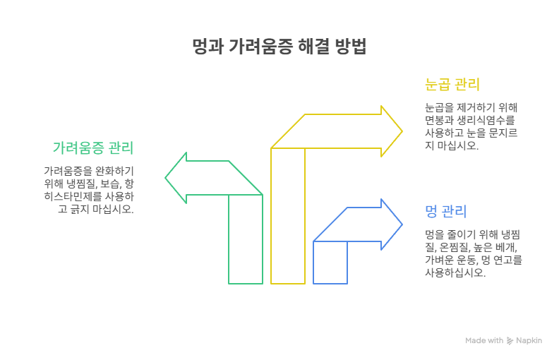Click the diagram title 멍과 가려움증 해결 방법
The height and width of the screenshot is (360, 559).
279,46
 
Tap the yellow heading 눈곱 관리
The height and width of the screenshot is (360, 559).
452,85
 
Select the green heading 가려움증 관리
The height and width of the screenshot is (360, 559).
93,148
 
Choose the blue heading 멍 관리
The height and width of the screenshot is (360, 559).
445,211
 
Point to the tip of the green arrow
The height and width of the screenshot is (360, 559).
165,178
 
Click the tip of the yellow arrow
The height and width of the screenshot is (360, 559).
402,131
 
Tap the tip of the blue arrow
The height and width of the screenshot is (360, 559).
402,224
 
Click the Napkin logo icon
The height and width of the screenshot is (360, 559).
510,341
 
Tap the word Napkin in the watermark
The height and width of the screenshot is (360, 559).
529,340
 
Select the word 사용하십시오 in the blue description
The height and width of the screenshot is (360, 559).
455,272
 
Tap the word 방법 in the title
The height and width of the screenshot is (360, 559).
351,46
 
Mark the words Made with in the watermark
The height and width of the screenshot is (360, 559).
484,340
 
